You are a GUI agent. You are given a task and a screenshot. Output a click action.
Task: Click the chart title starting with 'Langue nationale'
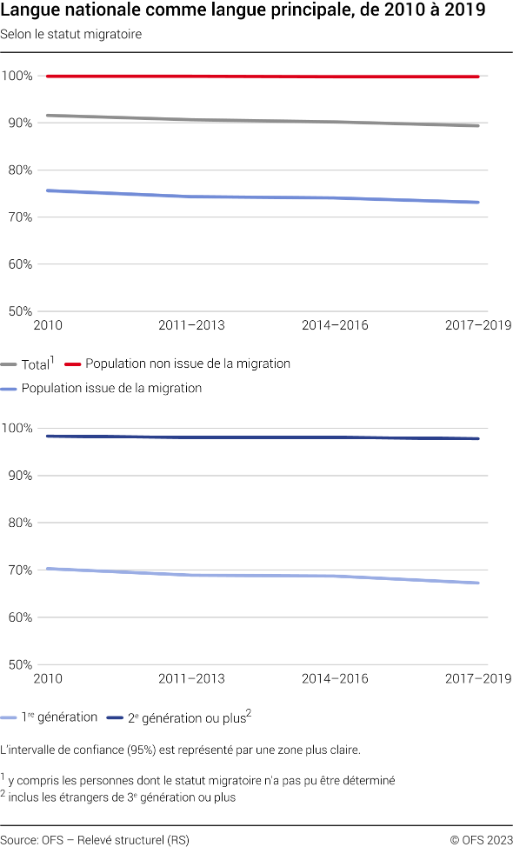point(243,12)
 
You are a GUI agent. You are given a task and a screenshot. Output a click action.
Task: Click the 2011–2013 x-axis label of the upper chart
point(191,325)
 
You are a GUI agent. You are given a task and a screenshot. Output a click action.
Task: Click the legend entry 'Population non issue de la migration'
point(188,363)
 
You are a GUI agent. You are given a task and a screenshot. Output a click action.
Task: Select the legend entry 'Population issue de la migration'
point(111,388)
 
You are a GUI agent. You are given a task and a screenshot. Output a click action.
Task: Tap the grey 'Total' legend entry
point(36,365)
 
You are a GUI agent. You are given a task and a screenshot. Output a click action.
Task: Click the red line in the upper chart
point(261,77)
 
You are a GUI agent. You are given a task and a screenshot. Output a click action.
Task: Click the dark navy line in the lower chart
point(261,437)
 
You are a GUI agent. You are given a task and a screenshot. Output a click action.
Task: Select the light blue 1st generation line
point(261,576)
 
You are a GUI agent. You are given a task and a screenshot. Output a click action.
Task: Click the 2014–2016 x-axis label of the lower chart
point(335,678)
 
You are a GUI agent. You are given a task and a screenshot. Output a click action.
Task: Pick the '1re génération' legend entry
point(60,717)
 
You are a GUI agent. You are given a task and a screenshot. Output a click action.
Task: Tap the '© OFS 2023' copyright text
point(481,839)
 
